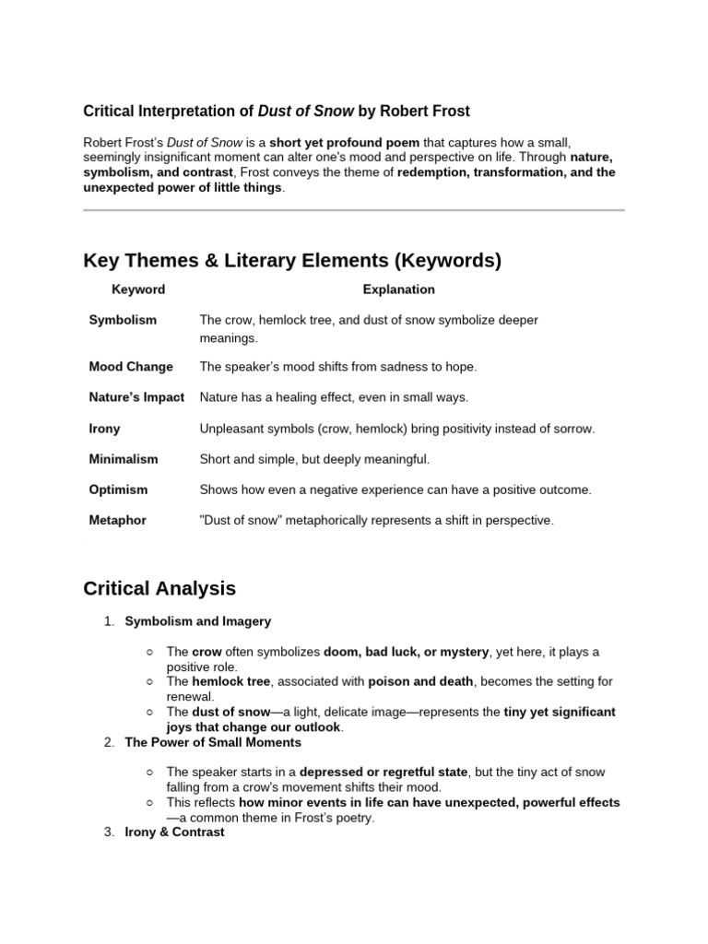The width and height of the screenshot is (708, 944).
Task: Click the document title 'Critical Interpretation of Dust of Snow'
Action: coord(277,112)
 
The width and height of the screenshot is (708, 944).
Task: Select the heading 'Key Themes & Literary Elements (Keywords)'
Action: coord(292,261)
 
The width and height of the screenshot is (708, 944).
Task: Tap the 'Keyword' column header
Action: coord(138,289)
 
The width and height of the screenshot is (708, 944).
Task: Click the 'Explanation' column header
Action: coord(398,289)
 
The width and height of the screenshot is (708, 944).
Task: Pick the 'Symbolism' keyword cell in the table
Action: coord(123,320)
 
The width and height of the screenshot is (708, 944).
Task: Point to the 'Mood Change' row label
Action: coord(130,367)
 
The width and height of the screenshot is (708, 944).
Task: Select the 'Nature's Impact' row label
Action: coord(136,397)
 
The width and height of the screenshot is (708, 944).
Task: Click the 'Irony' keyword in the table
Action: coord(104,429)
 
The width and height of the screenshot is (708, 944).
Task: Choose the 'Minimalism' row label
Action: coord(123,459)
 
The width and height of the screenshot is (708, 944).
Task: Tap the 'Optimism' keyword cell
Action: coord(118,490)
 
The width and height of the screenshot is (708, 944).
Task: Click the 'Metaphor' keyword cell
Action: coord(117,520)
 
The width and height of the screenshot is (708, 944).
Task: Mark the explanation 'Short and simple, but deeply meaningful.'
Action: coord(314,459)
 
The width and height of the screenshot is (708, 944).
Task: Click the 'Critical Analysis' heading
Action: coord(159,588)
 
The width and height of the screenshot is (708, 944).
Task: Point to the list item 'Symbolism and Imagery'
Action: coord(197,621)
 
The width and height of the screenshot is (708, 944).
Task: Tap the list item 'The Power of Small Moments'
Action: coord(212,742)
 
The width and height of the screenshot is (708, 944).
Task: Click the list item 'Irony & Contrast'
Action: coord(174,832)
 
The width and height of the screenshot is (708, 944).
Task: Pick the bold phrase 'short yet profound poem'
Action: coord(344,143)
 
